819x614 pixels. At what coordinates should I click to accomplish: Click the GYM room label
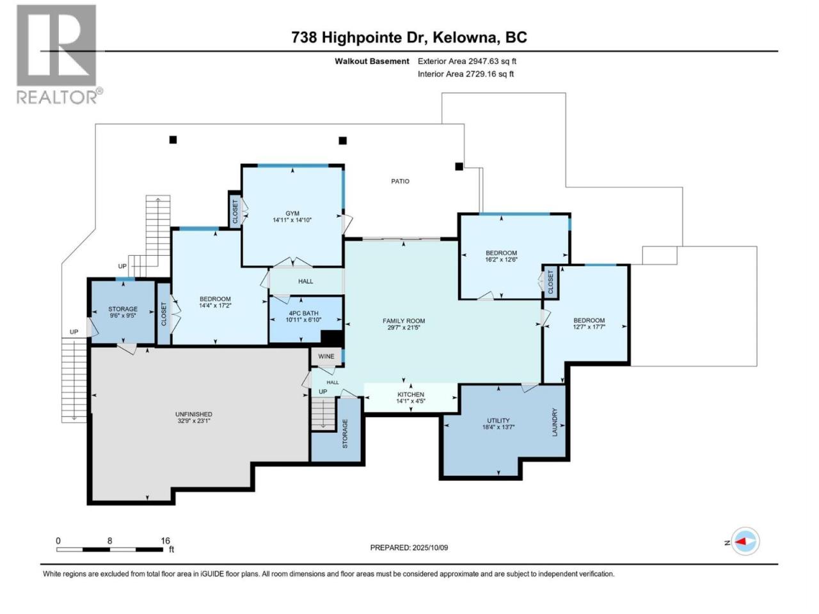pos(292,213)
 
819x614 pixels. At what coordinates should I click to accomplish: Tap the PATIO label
pos(400,181)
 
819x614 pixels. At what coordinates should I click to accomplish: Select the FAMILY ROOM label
pos(404,321)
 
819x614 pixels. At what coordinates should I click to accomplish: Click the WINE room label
pos(326,356)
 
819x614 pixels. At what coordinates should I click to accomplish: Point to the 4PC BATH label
pos(303,313)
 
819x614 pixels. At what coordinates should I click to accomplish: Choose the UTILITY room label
pos(498,420)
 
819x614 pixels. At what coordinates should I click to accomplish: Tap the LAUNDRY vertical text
pos(555,422)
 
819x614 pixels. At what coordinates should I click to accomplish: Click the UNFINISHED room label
pos(194,414)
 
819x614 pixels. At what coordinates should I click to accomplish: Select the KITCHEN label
pos(411,395)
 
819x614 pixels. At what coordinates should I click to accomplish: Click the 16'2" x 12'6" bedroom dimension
pos(501,260)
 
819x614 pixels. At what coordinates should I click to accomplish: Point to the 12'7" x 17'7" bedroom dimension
pos(589,327)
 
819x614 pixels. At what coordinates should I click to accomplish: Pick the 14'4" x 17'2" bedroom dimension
pos(215,305)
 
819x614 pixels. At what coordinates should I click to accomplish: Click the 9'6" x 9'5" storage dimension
pos(123,315)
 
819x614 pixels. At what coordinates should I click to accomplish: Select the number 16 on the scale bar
pos(165,540)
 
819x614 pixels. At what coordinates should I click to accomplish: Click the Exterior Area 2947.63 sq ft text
pos(467,61)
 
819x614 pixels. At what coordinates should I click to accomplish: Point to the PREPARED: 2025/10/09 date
pos(409,547)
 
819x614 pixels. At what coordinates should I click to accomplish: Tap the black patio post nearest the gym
pos(342,141)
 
